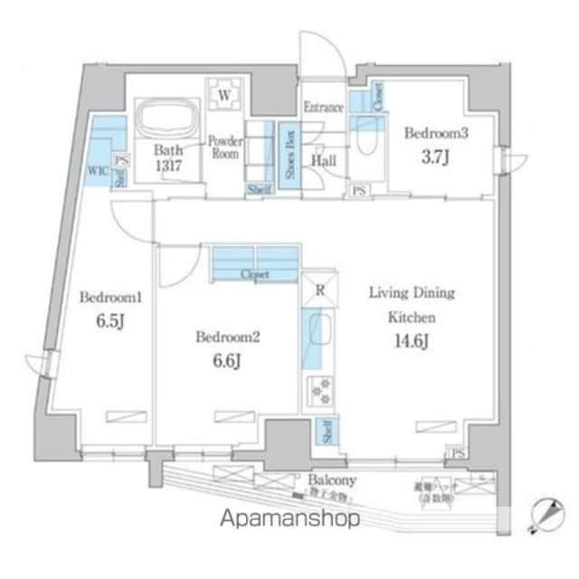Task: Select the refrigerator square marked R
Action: [319, 290]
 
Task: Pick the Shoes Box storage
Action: [289, 155]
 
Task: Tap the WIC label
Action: [96, 169]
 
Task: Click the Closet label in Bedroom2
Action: [254, 274]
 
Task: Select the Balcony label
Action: [331, 479]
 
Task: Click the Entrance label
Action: [323, 108]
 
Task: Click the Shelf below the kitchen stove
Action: [324, 432]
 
